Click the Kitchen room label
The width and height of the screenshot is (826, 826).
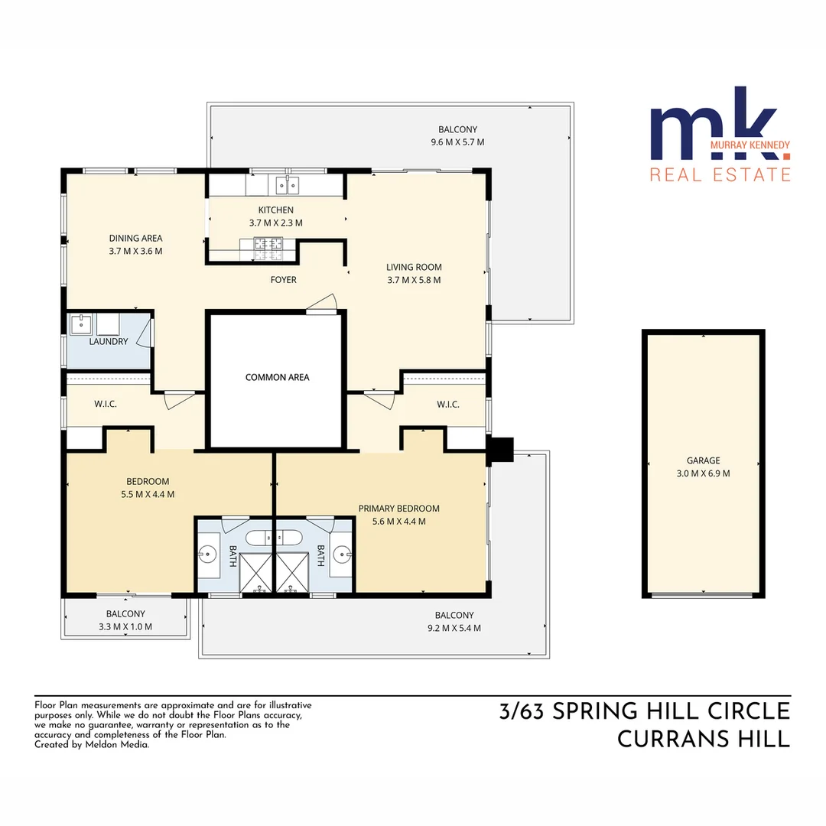(275, 210)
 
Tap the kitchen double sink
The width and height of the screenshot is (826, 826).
(287, 184)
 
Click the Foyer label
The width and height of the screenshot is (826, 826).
(283, 280)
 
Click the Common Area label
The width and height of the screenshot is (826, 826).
(277, 377)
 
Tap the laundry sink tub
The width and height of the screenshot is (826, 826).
(81, 324)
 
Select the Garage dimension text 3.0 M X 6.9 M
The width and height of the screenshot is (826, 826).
(703, 473)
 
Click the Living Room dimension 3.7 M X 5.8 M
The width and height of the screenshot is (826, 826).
(414, 280)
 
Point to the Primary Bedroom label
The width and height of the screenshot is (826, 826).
(399, 509)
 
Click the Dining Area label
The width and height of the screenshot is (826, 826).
(135, 238)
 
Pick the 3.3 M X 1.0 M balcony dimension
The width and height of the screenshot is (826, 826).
(125, 626)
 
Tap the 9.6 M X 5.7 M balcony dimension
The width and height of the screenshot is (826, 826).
(457, 142)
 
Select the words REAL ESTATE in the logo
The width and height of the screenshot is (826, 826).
(720, 175)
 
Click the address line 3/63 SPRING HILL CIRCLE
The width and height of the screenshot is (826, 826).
(644, 711)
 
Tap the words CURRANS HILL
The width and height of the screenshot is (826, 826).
(703, 740)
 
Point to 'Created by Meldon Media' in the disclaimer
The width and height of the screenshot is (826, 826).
(92, 744)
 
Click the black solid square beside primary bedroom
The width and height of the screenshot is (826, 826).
(501, 450)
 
